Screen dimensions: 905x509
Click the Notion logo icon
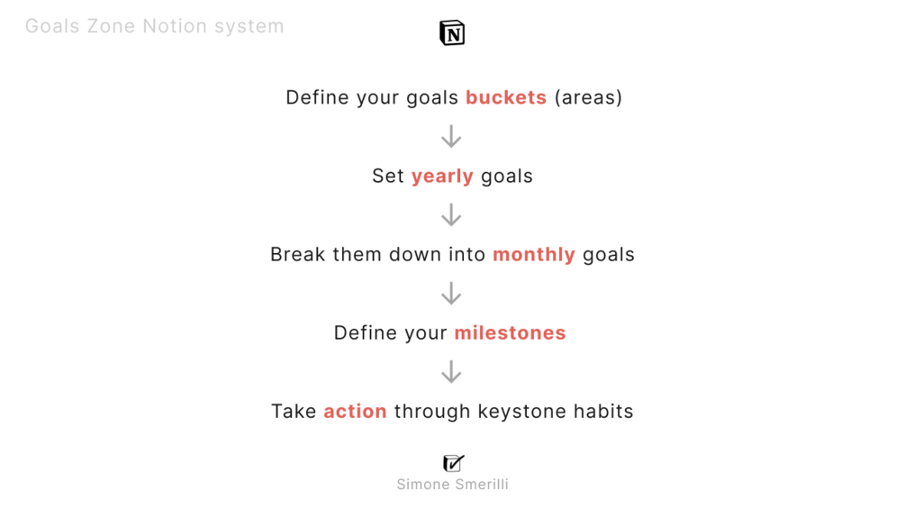(x=452, y=33)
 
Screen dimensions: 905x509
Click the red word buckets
(x=506, y=97)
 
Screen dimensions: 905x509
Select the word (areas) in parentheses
(x=588, y=97)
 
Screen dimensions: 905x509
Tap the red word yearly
(x=442, y=176)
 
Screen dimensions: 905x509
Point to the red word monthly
(x=534, y=254)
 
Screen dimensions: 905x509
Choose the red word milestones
(x=511, y=333)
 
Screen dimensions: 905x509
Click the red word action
(x=355, y=412)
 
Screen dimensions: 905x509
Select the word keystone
(x=521, y=412)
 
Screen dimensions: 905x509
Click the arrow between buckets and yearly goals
(x=451, y=137)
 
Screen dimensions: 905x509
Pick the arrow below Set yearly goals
(x=451, y=215)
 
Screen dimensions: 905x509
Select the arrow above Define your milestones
(x=451, y=294)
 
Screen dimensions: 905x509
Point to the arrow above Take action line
(x=451, y=372)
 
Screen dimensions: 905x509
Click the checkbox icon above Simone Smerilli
(x=453, y=463)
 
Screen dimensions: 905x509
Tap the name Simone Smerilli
(x=452, y=484)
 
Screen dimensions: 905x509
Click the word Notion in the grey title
(x=175, y=26)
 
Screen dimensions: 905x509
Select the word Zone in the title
(x=111, y=26)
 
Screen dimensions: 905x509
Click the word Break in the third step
(x=298, y=254)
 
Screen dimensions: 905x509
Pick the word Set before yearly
(x=388, y=176)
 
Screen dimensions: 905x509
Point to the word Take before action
(x=294, y=412)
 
